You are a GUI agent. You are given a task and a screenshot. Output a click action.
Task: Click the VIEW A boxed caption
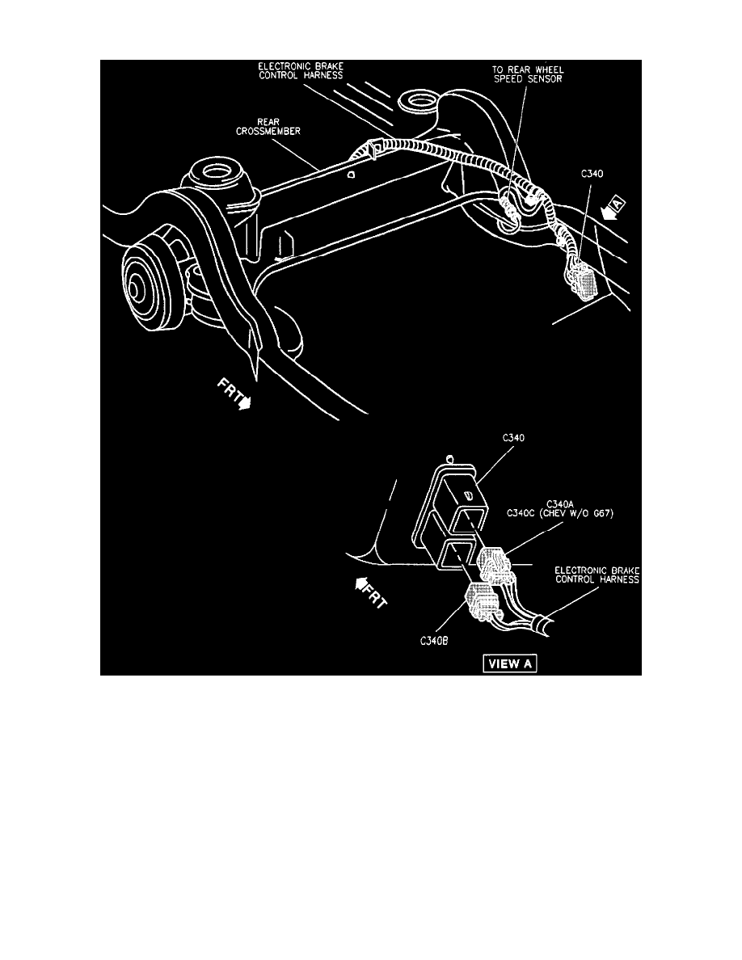[x=509, y=663]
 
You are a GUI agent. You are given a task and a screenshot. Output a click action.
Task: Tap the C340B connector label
[x=434, y=641]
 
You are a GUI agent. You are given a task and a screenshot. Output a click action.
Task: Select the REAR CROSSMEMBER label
[x=268, y=127]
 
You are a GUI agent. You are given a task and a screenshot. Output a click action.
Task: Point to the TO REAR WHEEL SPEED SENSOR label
[x=528, y=74]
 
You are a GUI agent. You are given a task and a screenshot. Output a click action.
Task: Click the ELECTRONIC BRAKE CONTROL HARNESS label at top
[x=301, y=71]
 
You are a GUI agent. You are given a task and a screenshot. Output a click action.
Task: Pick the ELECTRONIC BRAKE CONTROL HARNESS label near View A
[x=597, y=575]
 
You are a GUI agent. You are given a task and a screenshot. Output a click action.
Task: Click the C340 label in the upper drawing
[x=592, y=174]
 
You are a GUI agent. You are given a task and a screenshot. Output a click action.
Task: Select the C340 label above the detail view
[x=513, y=438]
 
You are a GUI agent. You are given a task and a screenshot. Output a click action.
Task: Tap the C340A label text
[x=559, y=504]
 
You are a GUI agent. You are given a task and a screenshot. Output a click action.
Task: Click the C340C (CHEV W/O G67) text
[x=559, y=514]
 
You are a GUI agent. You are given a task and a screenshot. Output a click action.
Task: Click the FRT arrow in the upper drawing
[x=234, y=394]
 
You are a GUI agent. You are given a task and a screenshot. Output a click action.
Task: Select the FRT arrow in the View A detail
[x=371, y=592]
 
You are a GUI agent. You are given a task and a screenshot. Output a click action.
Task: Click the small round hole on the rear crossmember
[x=351, y=175]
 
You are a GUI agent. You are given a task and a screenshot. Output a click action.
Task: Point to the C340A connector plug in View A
[x=496, y=565]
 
